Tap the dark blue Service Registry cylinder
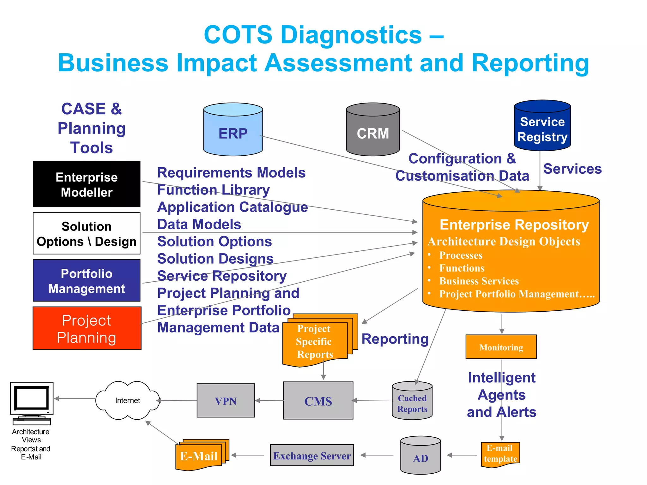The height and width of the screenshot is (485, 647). click(542, 126)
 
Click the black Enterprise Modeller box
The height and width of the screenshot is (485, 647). click(87, 184)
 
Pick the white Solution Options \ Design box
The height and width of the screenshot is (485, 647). click(87, 234)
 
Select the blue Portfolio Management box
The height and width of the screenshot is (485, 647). click(87, 281)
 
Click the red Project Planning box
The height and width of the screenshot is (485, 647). click(87, 328)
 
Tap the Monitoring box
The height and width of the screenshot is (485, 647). click(501, 347)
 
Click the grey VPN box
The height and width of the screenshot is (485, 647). click(226, 401)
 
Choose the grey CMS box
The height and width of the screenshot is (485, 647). click(318, 401)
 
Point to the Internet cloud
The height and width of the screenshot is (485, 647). click(128, 400)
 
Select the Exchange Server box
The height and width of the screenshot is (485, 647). click(312, 455)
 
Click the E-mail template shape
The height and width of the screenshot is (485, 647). click(500, 454)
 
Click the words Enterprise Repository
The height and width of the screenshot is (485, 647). click(514, 225)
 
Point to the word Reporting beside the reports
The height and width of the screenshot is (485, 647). click(395, 339)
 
